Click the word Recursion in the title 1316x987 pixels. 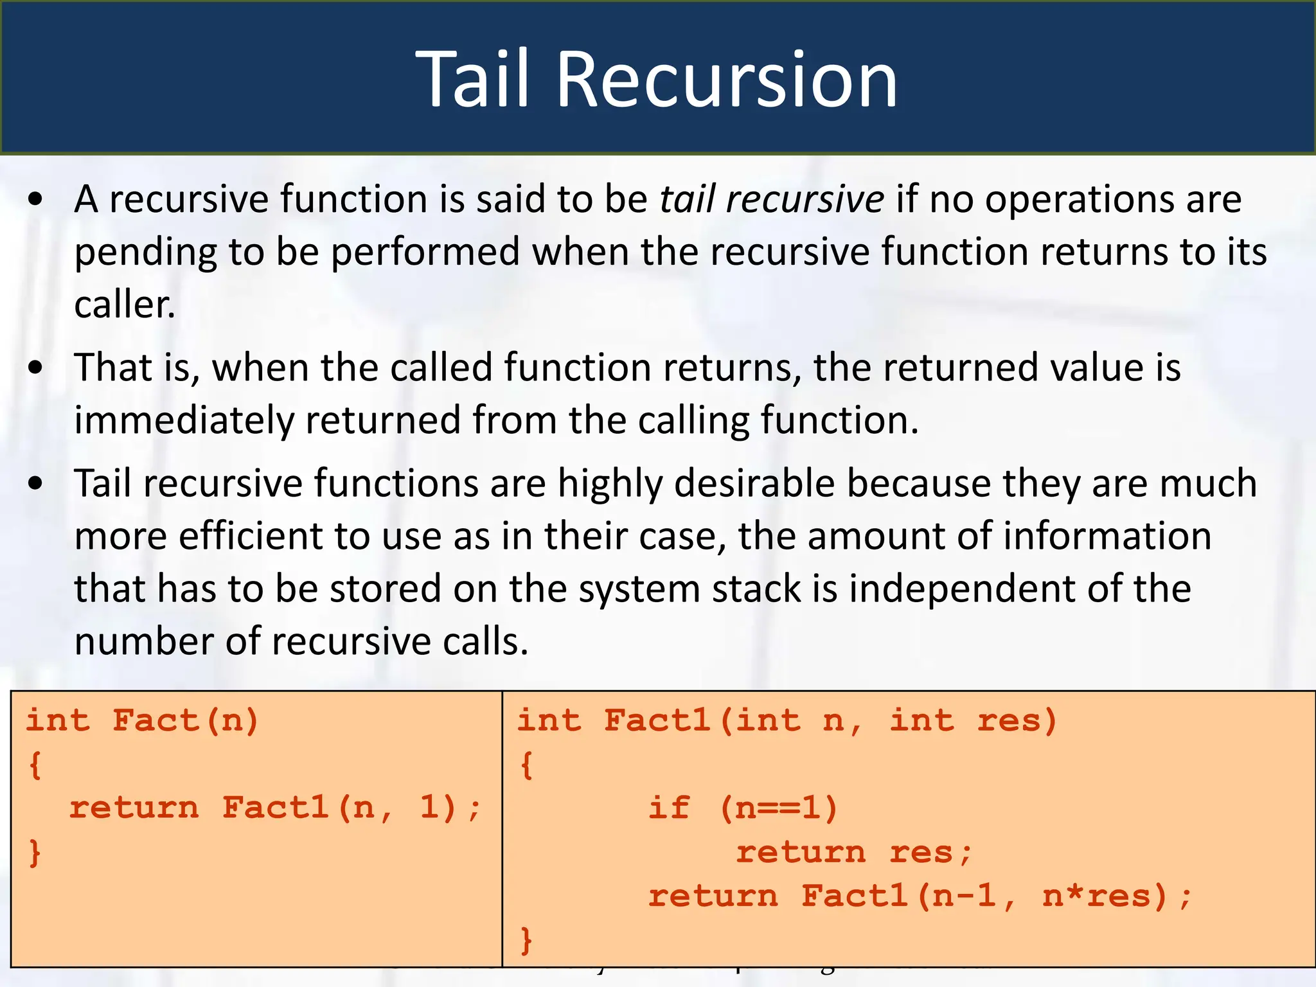[726, 80]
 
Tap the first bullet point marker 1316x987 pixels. [36, 200]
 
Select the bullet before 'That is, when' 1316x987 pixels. [36, 368]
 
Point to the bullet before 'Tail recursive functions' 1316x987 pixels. [36, 484]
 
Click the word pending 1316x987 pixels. [144, 253]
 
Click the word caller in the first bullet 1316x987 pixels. [124, 305]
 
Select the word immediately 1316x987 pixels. [184, 420]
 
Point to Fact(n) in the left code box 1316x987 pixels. [186, 720]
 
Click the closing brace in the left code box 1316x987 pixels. [35, 853]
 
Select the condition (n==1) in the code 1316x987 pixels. [779, 808]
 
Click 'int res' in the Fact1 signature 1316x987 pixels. [973, 720]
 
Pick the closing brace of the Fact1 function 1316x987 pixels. [526, 940]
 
